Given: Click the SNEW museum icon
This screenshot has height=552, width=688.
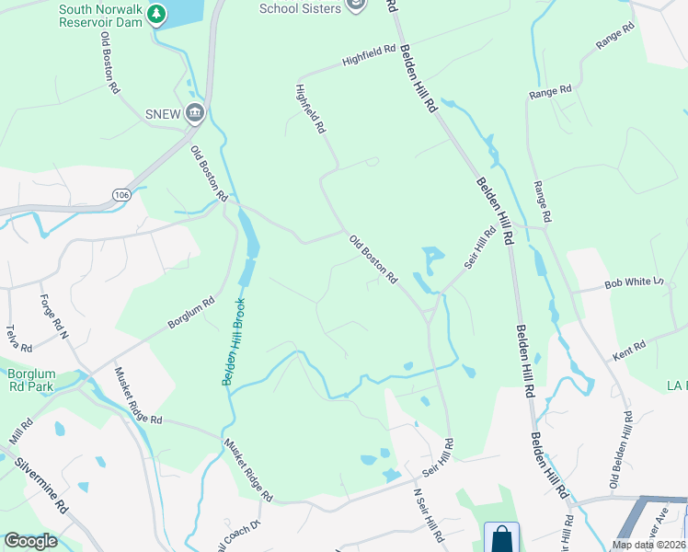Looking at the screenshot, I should click(195, 114).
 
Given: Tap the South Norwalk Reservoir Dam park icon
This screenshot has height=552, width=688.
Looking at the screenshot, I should click(156, 15).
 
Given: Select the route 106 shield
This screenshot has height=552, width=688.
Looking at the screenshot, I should click(121, 194).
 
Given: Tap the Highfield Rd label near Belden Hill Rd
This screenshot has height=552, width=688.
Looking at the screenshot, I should click(368, 56).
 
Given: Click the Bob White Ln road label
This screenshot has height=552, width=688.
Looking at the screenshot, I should click(633, 284).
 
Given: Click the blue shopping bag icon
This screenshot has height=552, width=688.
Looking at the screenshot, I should click(501, 536).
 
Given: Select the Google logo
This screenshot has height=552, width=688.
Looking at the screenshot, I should click(30, 541).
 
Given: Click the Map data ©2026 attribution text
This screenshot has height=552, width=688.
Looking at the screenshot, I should click(648, 545).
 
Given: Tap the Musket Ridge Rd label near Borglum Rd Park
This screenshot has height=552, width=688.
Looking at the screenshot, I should click(138, 395).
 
